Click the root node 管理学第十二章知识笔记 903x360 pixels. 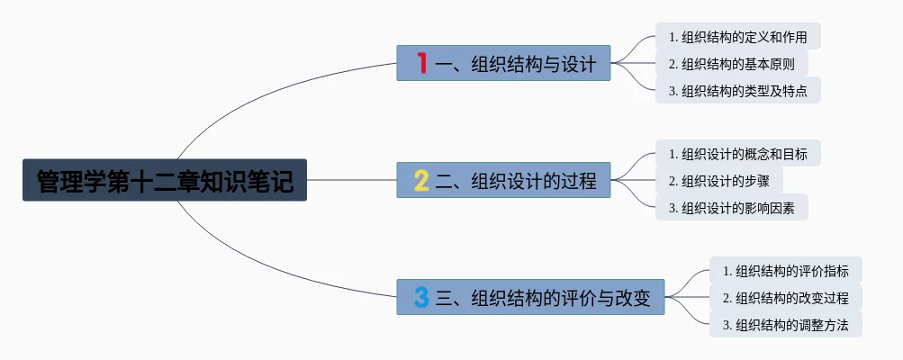tap(164, 180)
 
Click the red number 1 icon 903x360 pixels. tap(421, 63)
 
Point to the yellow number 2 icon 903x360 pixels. tap(421, 180)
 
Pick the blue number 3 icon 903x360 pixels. tap(421, 297)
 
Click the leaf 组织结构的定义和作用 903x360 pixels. tap(737, 37)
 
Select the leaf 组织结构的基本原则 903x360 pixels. tap(731, 64)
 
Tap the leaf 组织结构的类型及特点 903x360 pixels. tap(737, 91)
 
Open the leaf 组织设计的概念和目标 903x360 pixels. tap(737, 154)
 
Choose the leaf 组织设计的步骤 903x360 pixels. tap(718, 181)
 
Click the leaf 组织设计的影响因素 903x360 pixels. tap(731, 208)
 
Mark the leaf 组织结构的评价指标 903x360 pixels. tap(785, 271)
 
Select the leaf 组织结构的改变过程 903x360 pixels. tap(785, 298)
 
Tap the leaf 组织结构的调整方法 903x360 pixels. tap(785, 325)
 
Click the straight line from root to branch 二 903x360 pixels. tap(351, 180)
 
